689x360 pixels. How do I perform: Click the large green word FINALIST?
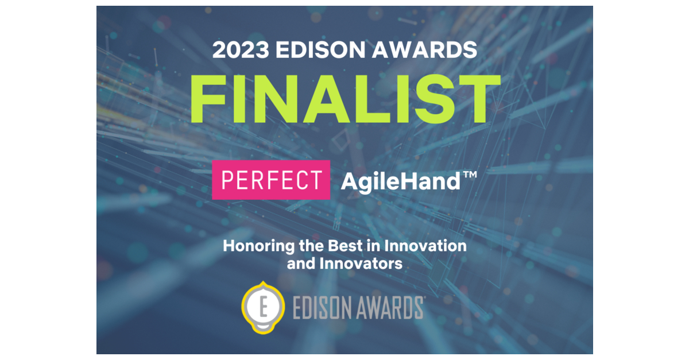[x=344, y=98]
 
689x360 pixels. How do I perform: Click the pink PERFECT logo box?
[x=271, y=180]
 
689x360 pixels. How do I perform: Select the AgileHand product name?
[x=401, y=181]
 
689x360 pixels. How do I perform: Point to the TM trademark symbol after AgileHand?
[x=470, y=176]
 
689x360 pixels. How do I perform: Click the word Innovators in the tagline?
[x=367, y=264]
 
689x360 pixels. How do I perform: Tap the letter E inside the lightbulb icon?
[x=262, y=305]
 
